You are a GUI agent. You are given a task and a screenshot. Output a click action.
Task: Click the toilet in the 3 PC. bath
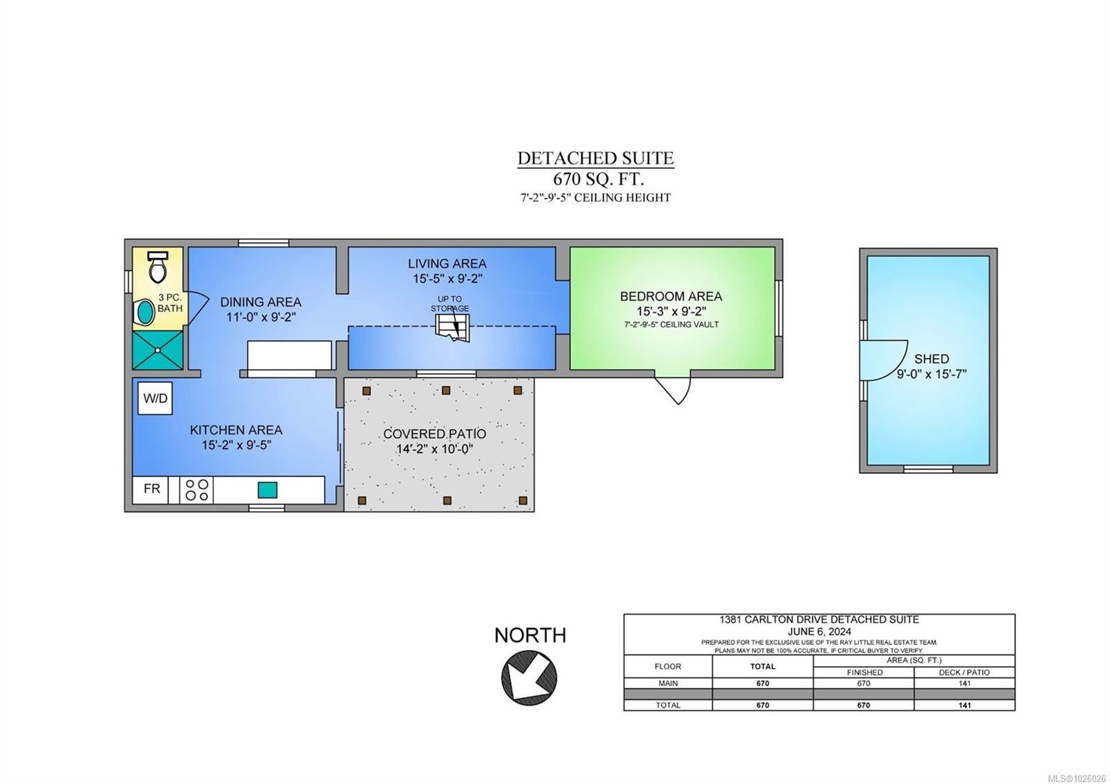158,266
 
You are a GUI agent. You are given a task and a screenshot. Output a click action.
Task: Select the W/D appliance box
155,398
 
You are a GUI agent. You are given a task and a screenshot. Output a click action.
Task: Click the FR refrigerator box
151,490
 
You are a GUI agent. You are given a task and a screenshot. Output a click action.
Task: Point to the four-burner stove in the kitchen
196,490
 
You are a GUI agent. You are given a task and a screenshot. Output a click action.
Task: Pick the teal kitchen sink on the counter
267,490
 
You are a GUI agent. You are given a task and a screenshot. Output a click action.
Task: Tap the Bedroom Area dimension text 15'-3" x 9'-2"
672,312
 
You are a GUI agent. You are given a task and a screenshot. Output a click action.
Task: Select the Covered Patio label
434,434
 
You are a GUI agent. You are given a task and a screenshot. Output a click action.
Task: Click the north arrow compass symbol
529,677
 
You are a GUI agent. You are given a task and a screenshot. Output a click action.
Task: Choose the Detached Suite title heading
596,158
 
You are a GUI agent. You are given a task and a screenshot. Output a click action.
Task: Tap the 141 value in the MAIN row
964,683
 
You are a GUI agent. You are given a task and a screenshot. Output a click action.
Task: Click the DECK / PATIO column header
964,672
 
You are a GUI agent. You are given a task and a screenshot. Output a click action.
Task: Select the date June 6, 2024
819,631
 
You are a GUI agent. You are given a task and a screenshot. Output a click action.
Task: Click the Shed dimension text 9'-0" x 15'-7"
932,374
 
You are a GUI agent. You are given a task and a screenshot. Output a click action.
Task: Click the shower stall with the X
157,350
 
